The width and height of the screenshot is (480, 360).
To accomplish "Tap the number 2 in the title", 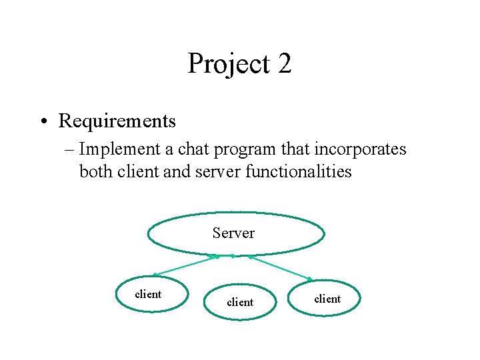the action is (283, 64).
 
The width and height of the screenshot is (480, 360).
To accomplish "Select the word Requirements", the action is (117, 121).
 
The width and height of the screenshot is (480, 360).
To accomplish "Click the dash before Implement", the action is (71, 150).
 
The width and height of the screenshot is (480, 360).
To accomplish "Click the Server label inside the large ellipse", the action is (233, 233).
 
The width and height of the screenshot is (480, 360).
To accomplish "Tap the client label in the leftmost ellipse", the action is (148, 295).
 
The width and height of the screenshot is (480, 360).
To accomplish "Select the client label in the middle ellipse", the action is (240, 302).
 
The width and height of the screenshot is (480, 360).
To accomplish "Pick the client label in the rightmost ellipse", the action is (327, 299).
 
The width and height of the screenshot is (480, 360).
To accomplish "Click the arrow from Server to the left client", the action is (185, 265).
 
